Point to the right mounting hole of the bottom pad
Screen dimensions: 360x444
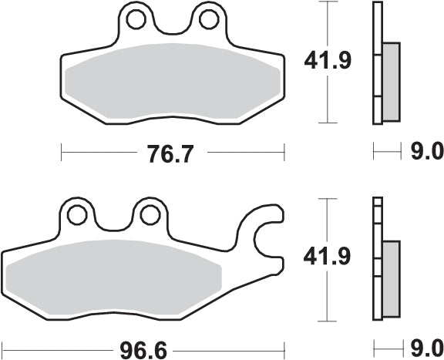click(x=146, y=214)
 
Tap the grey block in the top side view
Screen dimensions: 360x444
click(x=391, y=81)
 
